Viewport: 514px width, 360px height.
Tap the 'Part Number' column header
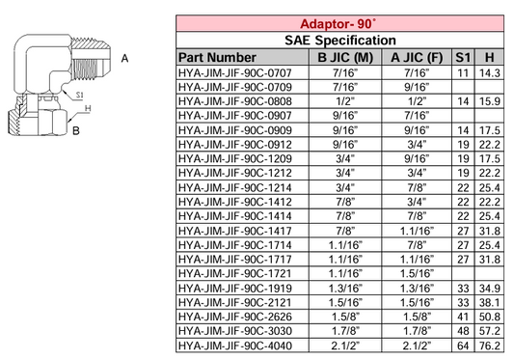tap(218, 57)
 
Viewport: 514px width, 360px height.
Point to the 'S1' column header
tap(465, 57)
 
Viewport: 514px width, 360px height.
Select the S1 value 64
tap(465, 344)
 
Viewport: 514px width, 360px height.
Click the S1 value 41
tap(465, 315)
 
